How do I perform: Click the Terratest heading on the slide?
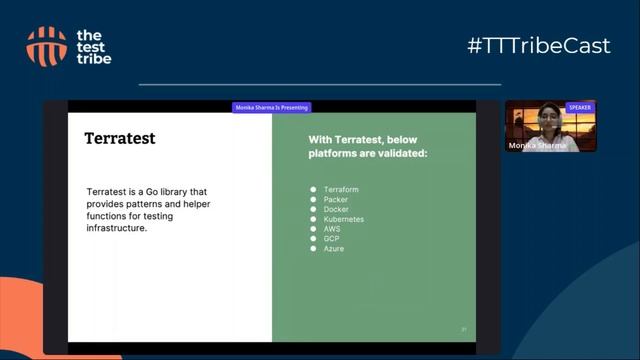120,138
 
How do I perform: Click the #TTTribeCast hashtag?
538,46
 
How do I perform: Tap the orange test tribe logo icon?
47,46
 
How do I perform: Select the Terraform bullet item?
341,189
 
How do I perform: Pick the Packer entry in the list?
336,199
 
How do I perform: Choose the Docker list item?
336,209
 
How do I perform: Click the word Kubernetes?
344,219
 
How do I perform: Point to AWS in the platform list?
332,229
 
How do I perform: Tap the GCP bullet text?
332,239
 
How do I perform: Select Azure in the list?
334,249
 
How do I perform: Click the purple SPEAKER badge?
579,107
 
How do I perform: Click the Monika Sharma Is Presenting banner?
272,107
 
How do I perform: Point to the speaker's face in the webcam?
547,117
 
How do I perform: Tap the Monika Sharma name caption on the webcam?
537,145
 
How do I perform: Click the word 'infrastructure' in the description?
116,228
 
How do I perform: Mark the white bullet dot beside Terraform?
313,189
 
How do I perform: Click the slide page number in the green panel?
464,329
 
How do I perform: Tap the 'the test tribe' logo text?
94,47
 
